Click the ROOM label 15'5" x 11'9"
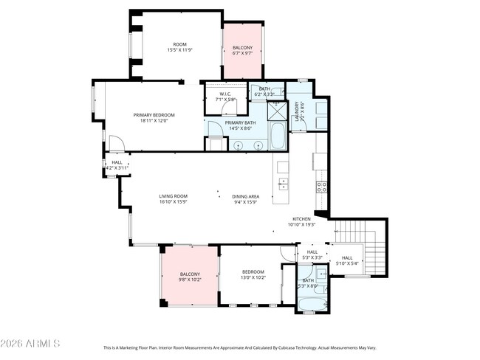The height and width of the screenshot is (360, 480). (x=179, y=47)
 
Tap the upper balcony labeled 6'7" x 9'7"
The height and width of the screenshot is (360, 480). (x=242, y=51)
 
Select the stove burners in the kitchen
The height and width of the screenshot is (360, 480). (x=322, y=187)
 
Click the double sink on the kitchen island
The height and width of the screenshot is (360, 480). (x=282, y=183)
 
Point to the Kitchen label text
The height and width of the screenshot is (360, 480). (x=301, y=219)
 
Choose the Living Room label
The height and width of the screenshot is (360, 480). (x=174, y=198)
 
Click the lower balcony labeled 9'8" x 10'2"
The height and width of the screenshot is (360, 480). (x=189, y=277)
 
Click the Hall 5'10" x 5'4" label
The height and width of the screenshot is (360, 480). (x=347, y=260)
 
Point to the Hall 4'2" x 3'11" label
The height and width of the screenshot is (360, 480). (x=117, y=165)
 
